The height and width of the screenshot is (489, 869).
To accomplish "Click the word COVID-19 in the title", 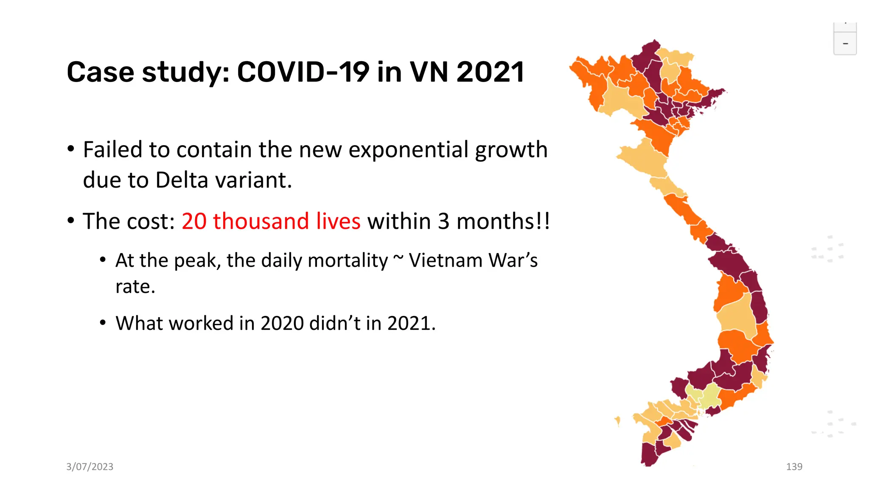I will click(303, 72).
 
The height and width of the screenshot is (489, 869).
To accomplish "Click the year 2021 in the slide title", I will click(491, 72).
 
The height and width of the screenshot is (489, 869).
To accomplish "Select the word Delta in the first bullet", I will click(182, 180).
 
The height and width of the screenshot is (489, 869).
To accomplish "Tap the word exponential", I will click(408, 150).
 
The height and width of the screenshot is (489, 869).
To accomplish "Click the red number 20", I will click(194, 221).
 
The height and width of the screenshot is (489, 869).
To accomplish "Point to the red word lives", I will click(338, 221).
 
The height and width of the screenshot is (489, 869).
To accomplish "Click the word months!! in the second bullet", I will click(503, 221).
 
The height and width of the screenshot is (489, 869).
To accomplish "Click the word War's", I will click(513, 260).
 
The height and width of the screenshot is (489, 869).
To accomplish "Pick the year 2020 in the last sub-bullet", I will click(282, 323).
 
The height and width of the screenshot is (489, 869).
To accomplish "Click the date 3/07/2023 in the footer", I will click(90, 467).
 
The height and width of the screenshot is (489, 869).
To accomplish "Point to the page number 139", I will click(794, 467).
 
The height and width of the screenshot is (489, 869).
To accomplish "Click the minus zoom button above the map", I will click(845, 44).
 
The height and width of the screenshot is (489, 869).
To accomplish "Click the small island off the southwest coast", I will click(617, 421).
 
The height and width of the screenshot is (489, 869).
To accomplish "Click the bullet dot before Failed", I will click(71, 149).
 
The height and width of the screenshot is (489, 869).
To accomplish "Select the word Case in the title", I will click(101, 72).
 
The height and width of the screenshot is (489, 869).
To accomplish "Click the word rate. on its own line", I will click(135, 287).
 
